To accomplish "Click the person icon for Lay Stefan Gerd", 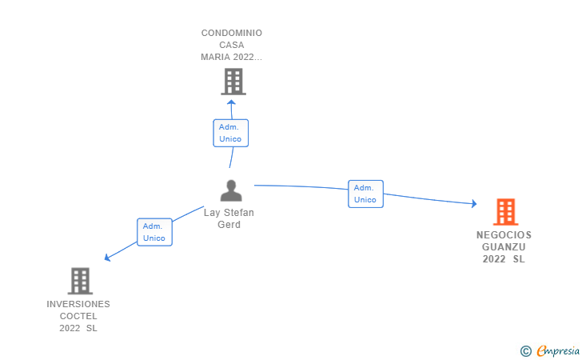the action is (x=231, y=190).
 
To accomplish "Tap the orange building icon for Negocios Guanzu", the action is (x=505, y=212).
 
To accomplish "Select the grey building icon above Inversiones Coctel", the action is (x=80, y=281).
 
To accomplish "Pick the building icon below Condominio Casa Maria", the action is (x=233, y=82).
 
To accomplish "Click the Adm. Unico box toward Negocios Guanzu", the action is (x=365, y=194).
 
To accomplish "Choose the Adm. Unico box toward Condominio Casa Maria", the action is (x=230, y=133).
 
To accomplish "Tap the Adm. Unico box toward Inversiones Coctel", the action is (x=154, y=232).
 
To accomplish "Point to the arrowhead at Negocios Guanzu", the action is (x=474, y=203).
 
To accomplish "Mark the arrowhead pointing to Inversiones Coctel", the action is (x=107, y=257).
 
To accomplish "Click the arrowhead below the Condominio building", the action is (x=231, y=102).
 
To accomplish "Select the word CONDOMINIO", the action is (x=232, y=33).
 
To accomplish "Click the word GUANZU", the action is (x=504, y=247).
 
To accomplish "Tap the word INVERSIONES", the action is (x=78, y=304).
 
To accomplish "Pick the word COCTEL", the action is (x=78, y=316).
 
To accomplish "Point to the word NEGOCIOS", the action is (x=504, y=235).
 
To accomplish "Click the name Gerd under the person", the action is (x=229, y=225).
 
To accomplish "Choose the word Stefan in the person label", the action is (x=239, y=213).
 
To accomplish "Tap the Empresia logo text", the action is (x=558, y=350).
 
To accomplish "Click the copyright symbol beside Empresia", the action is (x=526, y=351).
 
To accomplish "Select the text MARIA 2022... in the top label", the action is (x=232, y=57).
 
